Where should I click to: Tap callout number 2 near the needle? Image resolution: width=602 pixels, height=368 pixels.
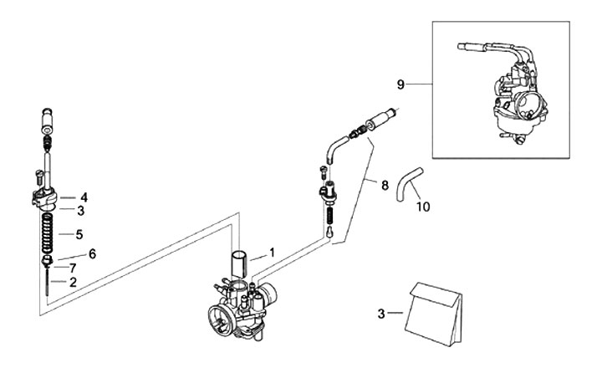click(x=73, y=283)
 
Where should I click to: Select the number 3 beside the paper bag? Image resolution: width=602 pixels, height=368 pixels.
click(x=380, y=314)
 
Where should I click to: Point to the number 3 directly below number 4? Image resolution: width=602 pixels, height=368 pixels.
click(x=81, y=212)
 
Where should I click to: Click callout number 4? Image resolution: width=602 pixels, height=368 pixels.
click(x=84, y=198)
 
